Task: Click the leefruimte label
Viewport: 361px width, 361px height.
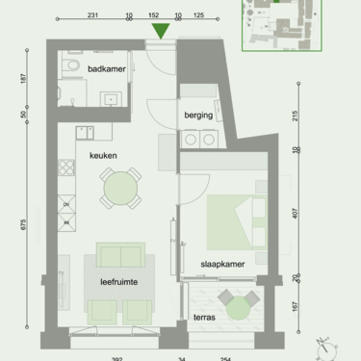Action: (119, 282)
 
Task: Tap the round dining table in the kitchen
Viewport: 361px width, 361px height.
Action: (121, 188)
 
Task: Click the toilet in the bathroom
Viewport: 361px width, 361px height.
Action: (70, 66)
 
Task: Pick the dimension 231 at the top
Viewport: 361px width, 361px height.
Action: (93, 15)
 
